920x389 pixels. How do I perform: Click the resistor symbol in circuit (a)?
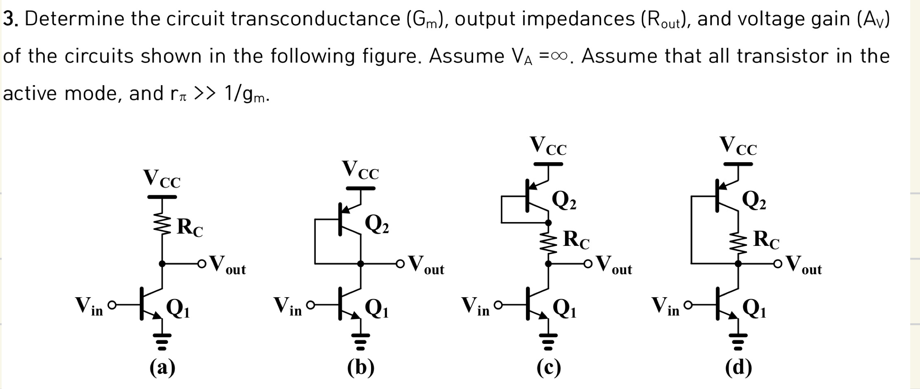click(x=162, y=224)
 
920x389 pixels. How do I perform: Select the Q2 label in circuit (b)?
click(x=376, y=225)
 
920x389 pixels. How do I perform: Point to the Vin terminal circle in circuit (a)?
click(x=112, y=305)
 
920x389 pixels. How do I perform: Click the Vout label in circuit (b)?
click(x=426, y=265)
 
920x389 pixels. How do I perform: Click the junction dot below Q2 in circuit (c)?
click(x=548, y=223)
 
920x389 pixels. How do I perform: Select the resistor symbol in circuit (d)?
click(x=738, y=244)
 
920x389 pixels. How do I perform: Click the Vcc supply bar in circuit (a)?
click(x=162, y=197)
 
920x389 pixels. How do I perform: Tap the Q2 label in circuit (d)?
click(x=754, y=201)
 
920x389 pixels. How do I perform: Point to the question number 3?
click(x=10, y=19)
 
